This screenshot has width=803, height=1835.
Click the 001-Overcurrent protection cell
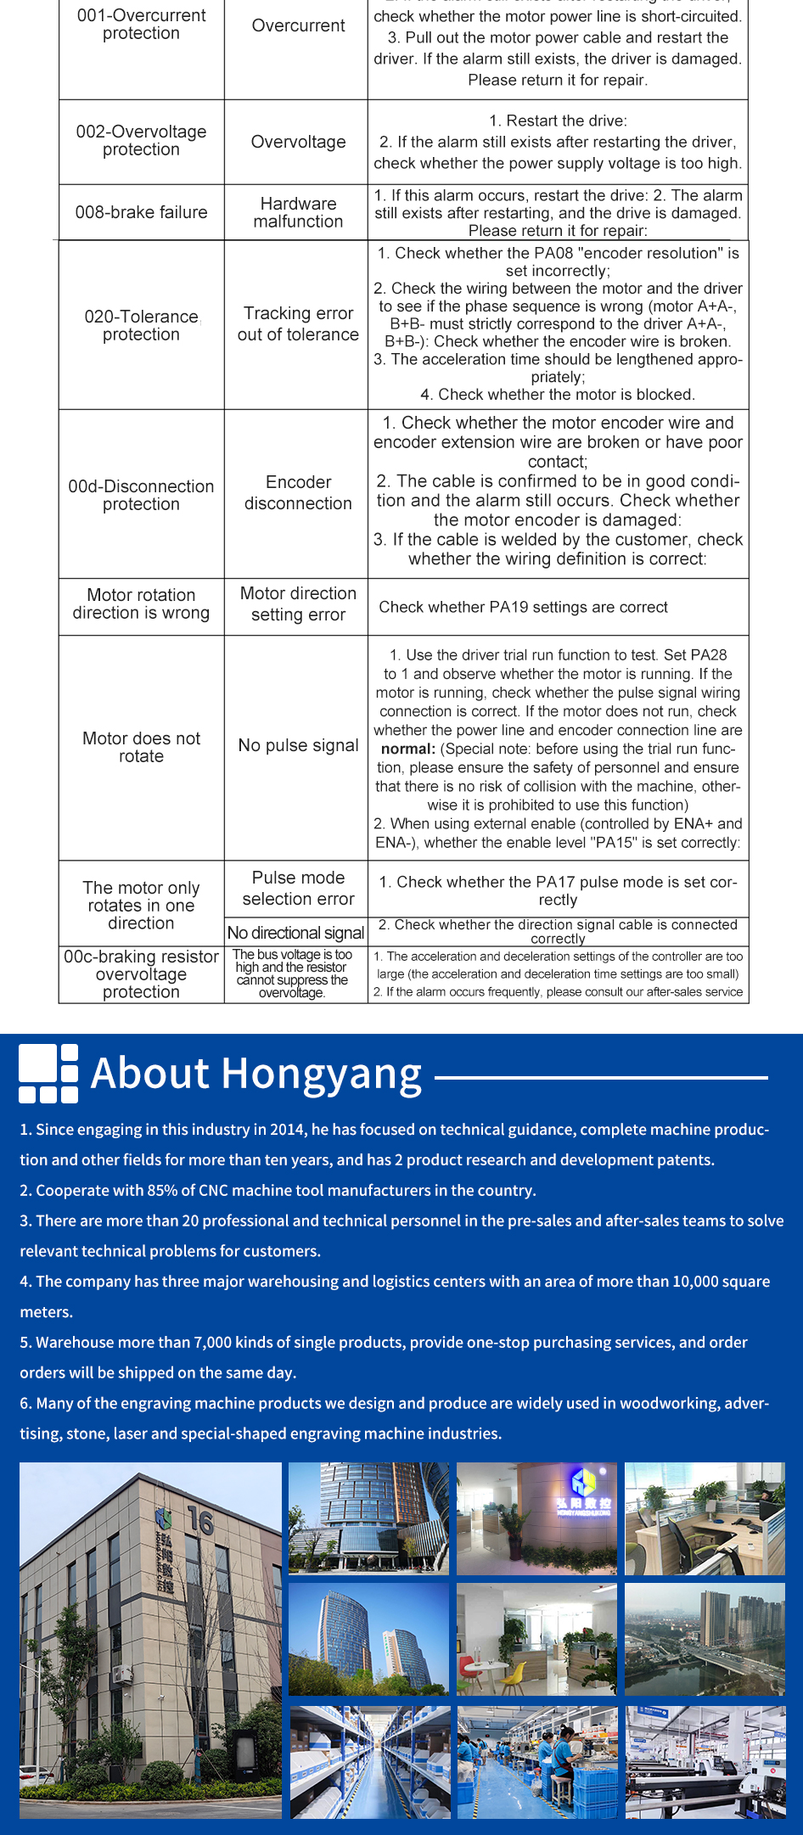pos(141,25)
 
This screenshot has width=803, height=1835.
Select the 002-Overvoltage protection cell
pos(141,141)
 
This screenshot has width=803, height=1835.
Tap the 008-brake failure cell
pos(141,212)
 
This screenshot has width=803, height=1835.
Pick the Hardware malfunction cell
pos(298,212)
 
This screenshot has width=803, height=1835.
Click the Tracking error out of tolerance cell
pos(298,324)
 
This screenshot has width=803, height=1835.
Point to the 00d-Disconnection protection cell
pos(141,495)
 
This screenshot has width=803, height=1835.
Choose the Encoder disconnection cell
pos(298,493)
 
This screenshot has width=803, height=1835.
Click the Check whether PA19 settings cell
pos(523,607)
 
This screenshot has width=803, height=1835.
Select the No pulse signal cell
pos(298,745)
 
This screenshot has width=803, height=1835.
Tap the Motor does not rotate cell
pos(141,747)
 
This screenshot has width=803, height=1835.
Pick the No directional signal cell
pos(295,933)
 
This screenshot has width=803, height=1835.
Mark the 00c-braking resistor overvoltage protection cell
pos(141,974)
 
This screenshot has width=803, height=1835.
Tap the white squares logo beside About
pos(48,1074)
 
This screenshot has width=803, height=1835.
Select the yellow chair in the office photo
pos(514,1669)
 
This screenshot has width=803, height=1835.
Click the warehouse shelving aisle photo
pos(369,1762)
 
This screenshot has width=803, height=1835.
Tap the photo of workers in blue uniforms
pos(537,1762)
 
